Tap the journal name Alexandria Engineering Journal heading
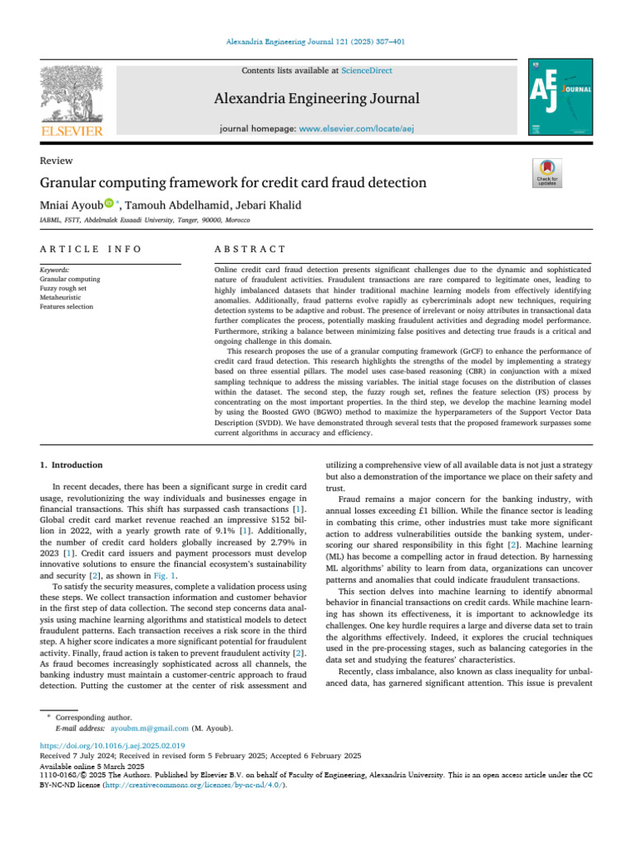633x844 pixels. point(317,99)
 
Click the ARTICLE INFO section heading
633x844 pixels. point(90,249)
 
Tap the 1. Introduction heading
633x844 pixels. point(73,465)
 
